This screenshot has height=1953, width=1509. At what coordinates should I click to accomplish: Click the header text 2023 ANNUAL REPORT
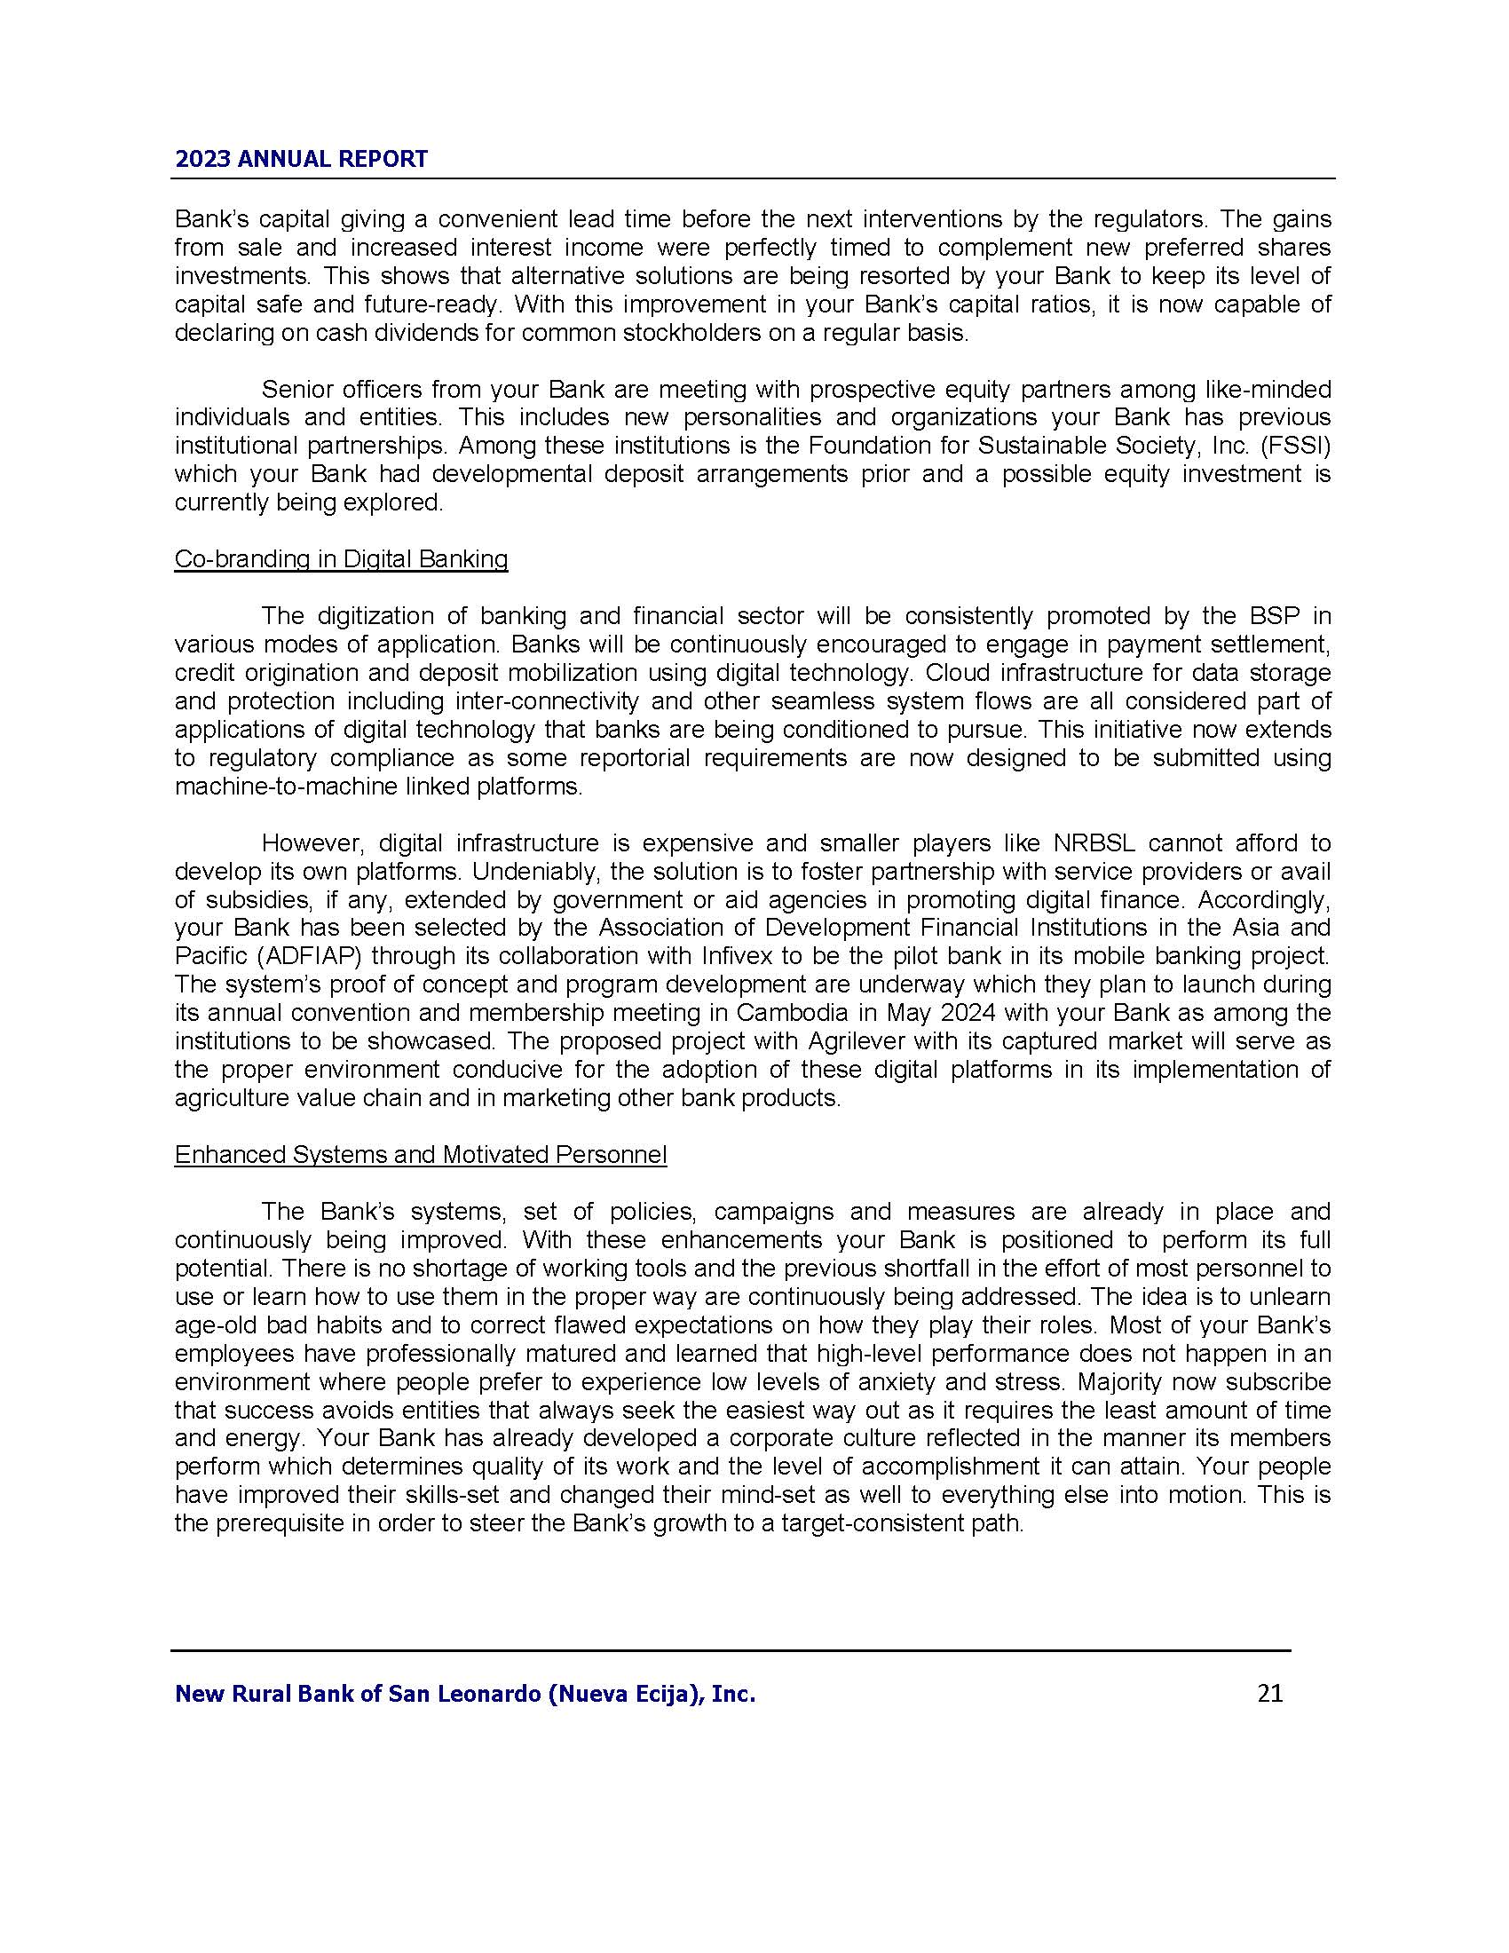coord(301,159)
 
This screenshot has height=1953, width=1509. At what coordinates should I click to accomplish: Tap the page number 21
coord(1269,1693)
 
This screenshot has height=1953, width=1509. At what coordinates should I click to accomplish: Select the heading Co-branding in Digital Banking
coord(341,559)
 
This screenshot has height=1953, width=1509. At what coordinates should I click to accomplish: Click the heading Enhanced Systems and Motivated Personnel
coord(420,1154)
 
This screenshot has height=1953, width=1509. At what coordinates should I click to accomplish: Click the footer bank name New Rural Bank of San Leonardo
coord(465,1693)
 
